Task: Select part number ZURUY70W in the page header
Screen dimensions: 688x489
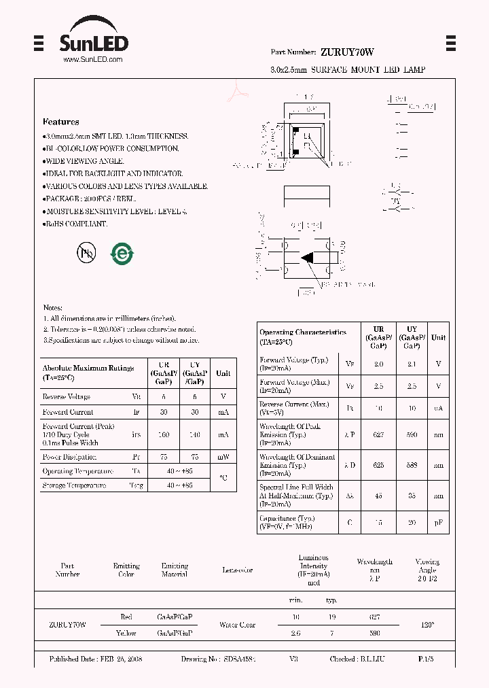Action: point(347,52)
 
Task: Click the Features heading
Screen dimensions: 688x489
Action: point(60,122)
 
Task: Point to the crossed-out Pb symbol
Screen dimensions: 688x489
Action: point(86,253)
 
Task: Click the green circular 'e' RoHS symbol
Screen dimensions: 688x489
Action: point(122,254)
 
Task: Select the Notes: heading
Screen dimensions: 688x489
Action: point(53,307)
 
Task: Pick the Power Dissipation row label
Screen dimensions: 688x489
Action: point(69,457)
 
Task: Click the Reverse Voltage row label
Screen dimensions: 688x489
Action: point(66,396)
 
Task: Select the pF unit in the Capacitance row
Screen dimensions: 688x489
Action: point(438,522)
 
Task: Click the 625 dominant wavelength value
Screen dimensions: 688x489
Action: point(378,466)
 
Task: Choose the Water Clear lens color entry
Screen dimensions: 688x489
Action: point(238,625)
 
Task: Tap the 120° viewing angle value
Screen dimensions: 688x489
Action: point(427,624)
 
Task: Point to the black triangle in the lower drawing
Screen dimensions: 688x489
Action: point(308,258)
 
